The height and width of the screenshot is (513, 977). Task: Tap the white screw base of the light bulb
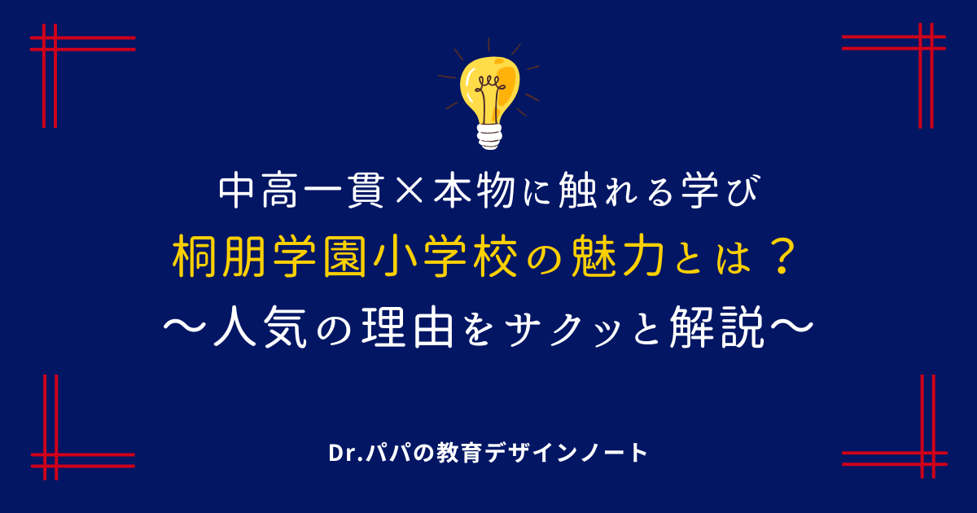click(489, 137)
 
